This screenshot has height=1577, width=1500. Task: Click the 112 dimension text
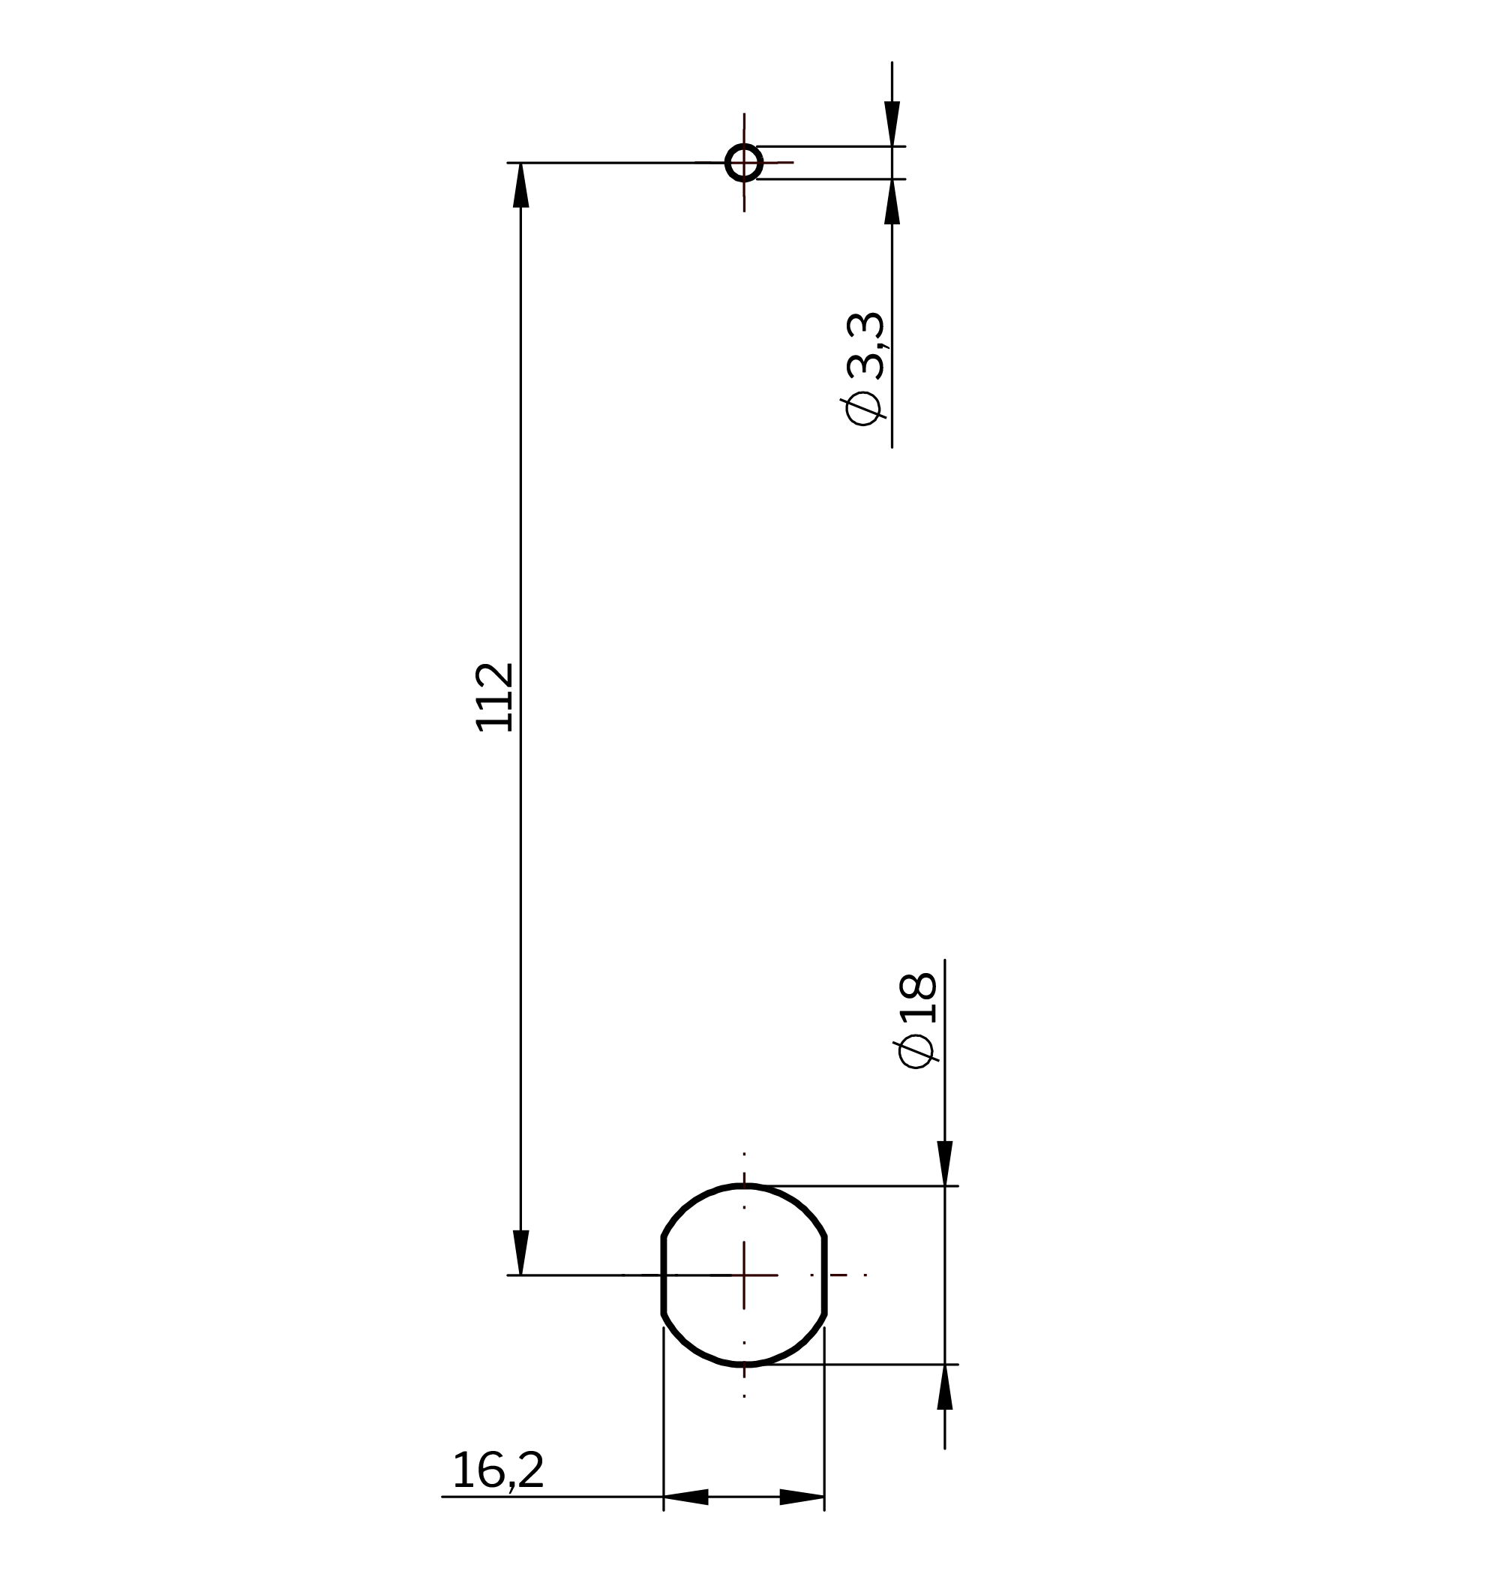494,696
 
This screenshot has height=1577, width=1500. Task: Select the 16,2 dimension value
497,1470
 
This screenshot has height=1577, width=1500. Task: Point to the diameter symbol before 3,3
863,408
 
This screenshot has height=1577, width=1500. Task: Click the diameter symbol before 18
916,1051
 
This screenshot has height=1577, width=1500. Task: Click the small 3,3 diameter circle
743,162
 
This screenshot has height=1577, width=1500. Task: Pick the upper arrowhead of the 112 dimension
521,185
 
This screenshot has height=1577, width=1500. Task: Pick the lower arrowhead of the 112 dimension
521,1251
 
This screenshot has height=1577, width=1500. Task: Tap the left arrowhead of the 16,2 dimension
686,1496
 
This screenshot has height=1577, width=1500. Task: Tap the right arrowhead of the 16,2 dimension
802,1496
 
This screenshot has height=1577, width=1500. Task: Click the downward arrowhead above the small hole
892,123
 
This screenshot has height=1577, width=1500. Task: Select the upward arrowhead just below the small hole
892,202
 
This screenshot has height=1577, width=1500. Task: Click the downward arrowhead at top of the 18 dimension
945,1163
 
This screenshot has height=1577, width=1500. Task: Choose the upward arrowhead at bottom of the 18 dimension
945,1386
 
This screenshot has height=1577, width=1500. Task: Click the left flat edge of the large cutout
664,1275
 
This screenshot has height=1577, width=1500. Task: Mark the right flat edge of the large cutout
824,1275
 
